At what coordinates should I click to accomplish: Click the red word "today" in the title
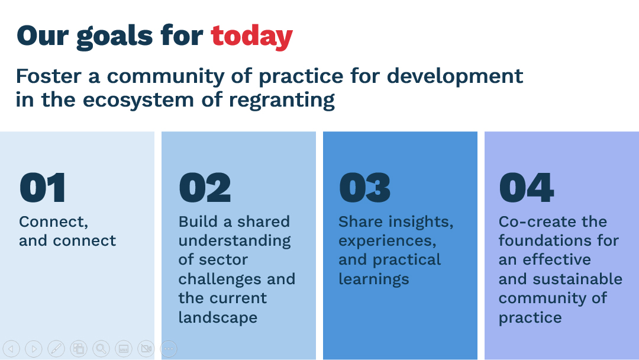(x=251, y=36)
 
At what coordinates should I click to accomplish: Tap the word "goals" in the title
(x=115, y=37)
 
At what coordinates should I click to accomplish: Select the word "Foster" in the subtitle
(x=49, y=76)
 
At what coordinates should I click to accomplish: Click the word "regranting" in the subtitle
(x=282, y=100)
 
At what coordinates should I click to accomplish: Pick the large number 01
(x=43, y=188)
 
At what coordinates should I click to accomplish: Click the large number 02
(x=205, y=188)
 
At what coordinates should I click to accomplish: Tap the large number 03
(x=364, y=188)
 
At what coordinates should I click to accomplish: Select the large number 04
(x=527, y=188)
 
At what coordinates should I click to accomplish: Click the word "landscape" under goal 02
(x=218, y=317)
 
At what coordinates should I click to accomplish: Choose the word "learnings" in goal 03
(x=374, y=279)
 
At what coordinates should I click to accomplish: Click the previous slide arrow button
(x=11, y=349)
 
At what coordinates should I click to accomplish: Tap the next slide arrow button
(x=34, y=349)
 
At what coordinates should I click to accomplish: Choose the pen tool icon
(x=56, y=349)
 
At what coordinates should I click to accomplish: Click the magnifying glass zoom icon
(x=101, y=349)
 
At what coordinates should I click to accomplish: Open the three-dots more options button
(x=169, y=349)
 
